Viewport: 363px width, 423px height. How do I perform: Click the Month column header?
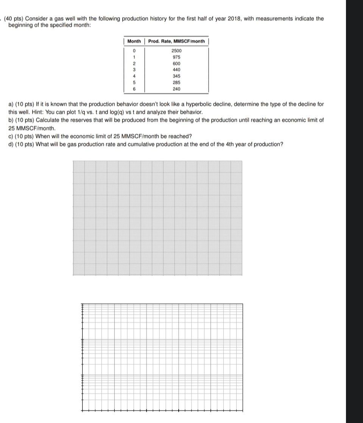pyautogui.click(x=134, y=41)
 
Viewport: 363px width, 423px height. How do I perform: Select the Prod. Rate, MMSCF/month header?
pyautogui.click(x=176, y=41)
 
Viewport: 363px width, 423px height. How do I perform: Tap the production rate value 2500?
pyautogui.click(x=176, y=51)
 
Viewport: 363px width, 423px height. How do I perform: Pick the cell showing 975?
pyautogui.click(x=176, y=57)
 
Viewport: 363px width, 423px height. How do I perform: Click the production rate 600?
pyautogui.click(x=176, y=64)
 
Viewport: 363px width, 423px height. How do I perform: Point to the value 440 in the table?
pyautogui.click(x=176, y=70)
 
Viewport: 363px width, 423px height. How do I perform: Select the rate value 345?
pyautogui.click(x=176, y=76)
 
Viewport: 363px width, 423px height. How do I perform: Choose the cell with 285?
pyautogui.click(x=176, y=82)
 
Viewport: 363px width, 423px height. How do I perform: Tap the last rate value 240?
pyautogui.click(x=176, y=89)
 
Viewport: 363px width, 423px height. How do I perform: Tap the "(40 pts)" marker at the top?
pyautogui.click(x=14, y=18)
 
